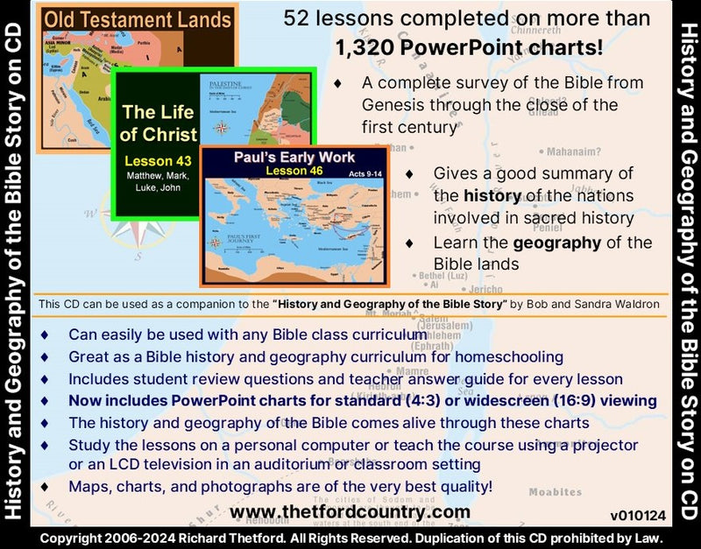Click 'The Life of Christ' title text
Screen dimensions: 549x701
[x=158, y=123]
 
